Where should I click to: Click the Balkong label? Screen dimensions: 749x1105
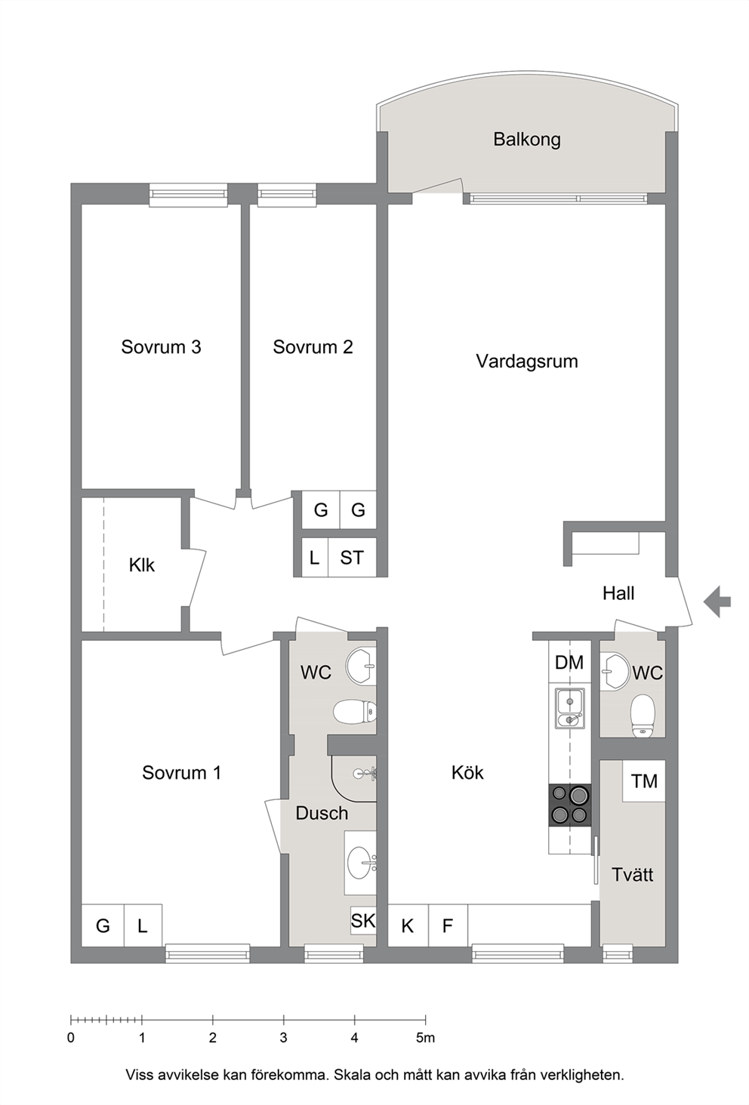527,140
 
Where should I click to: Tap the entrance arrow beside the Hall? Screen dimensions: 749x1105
717,602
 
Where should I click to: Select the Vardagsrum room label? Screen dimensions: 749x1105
527,362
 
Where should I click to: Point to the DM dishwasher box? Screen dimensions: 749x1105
569,663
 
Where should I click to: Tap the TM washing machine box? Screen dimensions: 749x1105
644,781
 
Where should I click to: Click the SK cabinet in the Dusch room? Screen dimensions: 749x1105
363,921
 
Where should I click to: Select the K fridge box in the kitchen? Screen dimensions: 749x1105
408,925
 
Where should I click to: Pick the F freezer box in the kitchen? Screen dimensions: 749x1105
448,925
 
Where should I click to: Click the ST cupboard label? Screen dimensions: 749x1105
352,558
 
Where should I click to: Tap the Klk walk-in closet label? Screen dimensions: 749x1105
142,565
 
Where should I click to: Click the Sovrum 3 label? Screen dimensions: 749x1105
161,347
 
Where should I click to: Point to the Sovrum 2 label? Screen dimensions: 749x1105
313,347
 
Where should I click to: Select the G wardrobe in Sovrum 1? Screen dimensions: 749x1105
103,925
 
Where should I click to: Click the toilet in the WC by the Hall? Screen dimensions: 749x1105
643,716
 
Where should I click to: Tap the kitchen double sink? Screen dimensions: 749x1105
570,709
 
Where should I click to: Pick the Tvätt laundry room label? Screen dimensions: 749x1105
633,875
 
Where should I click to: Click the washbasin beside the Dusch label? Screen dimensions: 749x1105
361,863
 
